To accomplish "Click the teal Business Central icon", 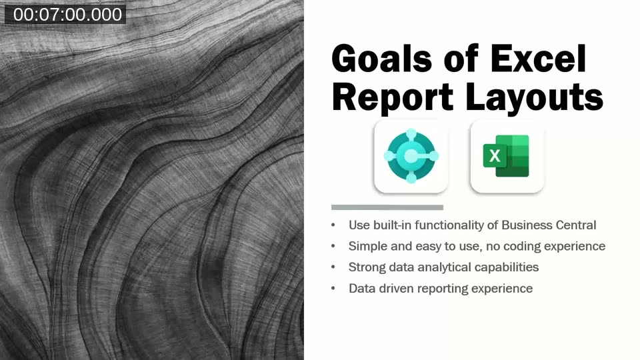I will tap(411, 156).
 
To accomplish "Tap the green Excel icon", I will tap(507, 156).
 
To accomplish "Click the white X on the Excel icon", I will tap(495, 156).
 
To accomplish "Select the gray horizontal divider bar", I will tap(387, 207).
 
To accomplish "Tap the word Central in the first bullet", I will tap(573, 225).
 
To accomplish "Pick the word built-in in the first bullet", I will tap(393, 225).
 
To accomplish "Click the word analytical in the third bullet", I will tap(443, 267).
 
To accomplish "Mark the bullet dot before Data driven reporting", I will tap(334, 289).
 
